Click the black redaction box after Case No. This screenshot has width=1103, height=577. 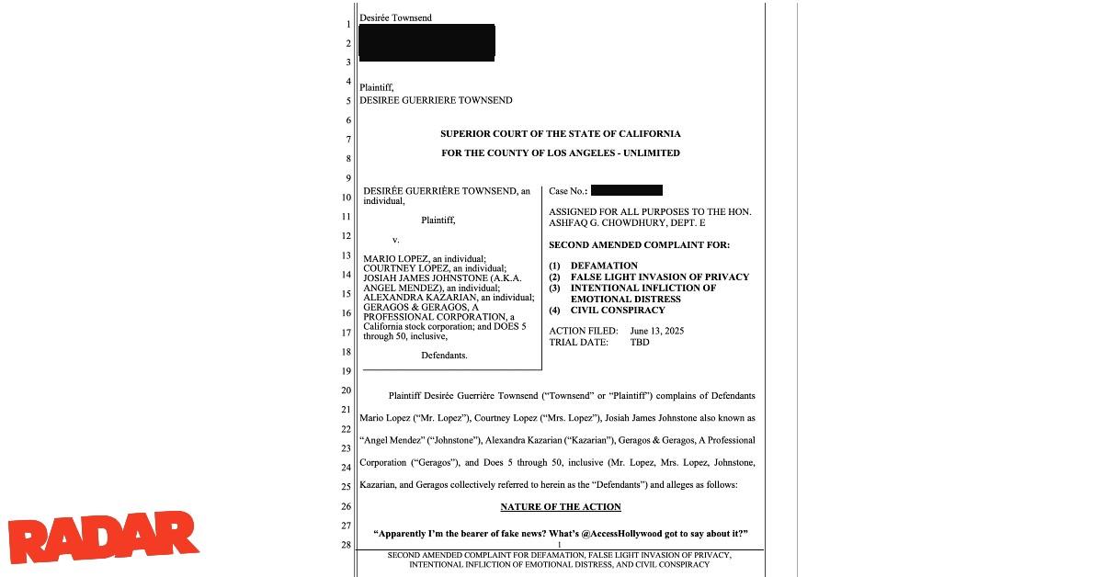click(x=627, y=191)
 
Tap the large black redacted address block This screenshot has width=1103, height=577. click(x=426, y=42)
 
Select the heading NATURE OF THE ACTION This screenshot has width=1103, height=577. click(x=561, y=507)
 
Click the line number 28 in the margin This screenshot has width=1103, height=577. click(x=347, y=546)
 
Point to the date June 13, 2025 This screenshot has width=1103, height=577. click(x=657, y=331)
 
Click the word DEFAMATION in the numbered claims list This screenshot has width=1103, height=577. click(x=604, y=266)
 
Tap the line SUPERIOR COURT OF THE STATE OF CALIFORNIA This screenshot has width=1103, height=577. click(x=561, y=134)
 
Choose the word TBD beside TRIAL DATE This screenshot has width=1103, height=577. click(x=640, y=343)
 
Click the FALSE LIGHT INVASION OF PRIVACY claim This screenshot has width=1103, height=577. click(x=660, y=277)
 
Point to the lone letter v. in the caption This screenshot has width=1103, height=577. click(x=396, y=240)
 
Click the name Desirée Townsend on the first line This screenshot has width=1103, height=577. click(x=396, y=18)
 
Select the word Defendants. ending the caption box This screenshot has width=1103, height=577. click(x=444, y=355)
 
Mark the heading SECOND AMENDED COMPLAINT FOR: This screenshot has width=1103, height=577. click(x=639, y=245)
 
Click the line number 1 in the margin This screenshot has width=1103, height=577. click(x=347, y=24)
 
